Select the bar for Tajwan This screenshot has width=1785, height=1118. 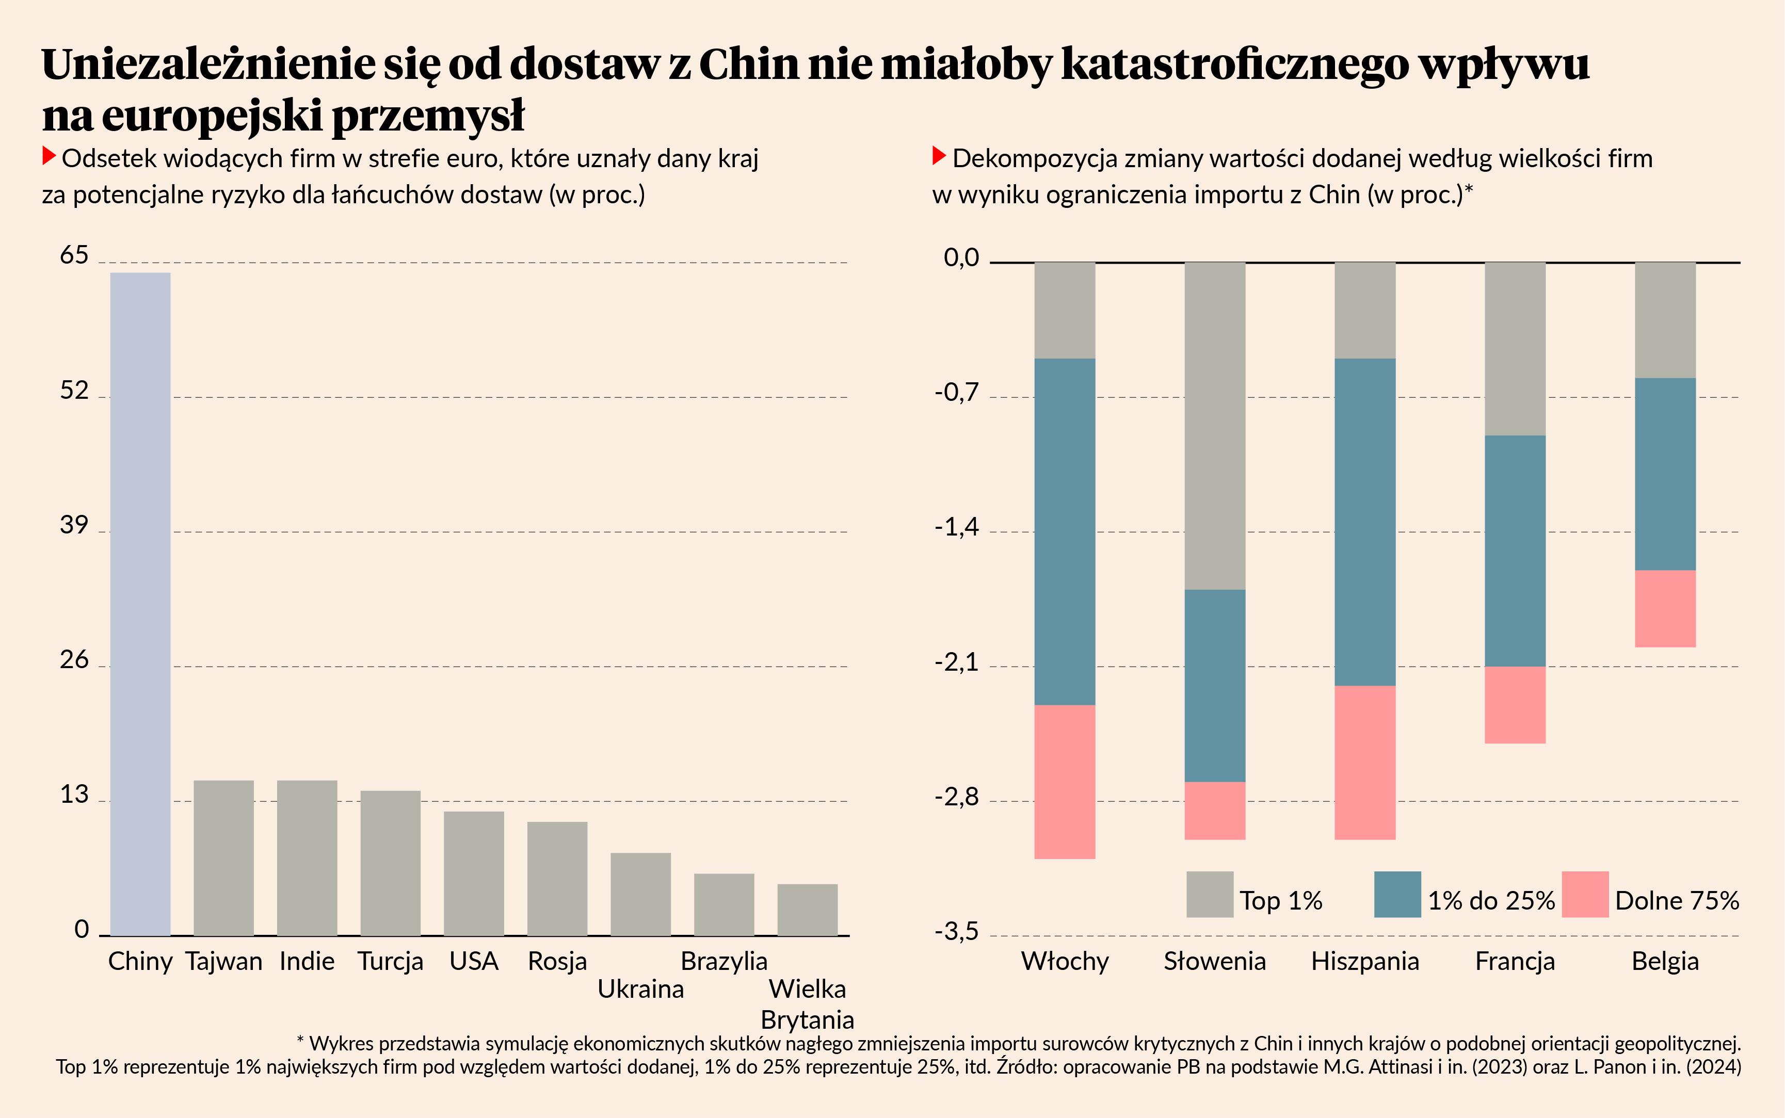point(223,858)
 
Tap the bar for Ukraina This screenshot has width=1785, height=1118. point(640,894)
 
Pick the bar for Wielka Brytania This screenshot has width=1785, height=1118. point(808,910)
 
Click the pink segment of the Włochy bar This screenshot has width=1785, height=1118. point(1065,782)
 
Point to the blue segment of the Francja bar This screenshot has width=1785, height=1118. point(1515,551)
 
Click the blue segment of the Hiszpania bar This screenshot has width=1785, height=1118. point(1365,522)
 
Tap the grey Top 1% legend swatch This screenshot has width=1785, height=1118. point(1210,895)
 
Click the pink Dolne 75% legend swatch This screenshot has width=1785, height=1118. point(1585,895)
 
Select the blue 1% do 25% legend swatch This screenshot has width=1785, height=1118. point(1397,895)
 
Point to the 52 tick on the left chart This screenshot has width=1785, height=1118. point(74,391)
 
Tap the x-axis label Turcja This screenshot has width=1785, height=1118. point(391,961)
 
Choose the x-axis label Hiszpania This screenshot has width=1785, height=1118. point(1365,961)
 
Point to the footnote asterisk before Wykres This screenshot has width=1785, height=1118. point(300,1041)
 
